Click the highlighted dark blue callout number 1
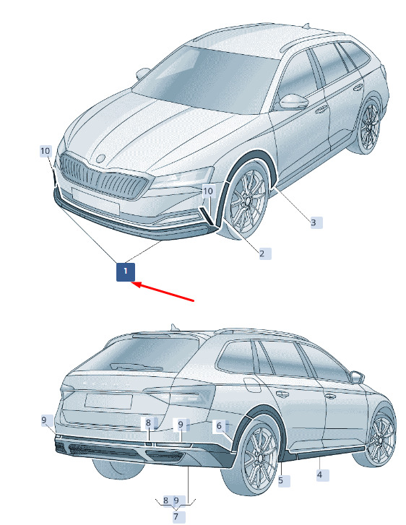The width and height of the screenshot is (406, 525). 125,272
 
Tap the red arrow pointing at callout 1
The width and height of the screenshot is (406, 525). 163,291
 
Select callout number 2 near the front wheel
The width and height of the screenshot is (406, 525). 264,253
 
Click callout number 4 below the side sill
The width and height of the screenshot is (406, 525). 322,475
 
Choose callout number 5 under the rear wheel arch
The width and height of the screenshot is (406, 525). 284,480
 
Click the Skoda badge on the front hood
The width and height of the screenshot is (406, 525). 101,158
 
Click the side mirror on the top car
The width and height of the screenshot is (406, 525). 293,101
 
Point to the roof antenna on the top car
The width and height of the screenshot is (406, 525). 306,25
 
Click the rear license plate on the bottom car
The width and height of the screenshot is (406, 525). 108,402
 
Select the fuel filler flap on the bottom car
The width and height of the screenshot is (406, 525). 253,385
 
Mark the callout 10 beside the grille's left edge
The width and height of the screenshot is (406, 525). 46,152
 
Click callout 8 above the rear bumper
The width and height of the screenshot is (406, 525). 148,423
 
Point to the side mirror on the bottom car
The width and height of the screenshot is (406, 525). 356,378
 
